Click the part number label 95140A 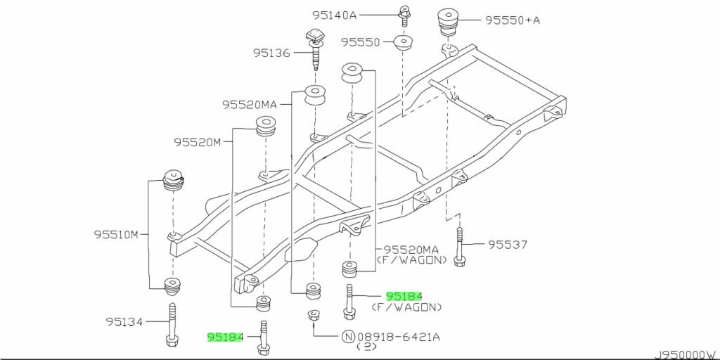pyautogui.click(x=334, y=15)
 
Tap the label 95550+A pyautogui.click(x=513, y=20)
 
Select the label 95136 pyautogui.click(x=272, y=53)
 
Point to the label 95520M pyautogui.click(x=198, y=143)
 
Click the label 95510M pyautogui.click(x=116, y=235)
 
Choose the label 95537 pyautogui.click(x=508, y=245)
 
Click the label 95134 pyautogui.click(x=124, y=322)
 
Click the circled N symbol pyautogui.click(x=347, y=338)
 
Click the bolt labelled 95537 pyautogui.click(x=459, y=247)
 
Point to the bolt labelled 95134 pyautogui.click(x=171, y=326)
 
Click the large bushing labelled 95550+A pyautogui.click(x=446, y=22)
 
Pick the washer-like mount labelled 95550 pyautogui.click(x=403, y=43)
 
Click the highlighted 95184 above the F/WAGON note pyautogui.click(x=404, y=296)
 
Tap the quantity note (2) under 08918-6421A pyautogui.click(x=366, y=347)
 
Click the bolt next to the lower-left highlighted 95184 pyautogui.click(x=263, y=337)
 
